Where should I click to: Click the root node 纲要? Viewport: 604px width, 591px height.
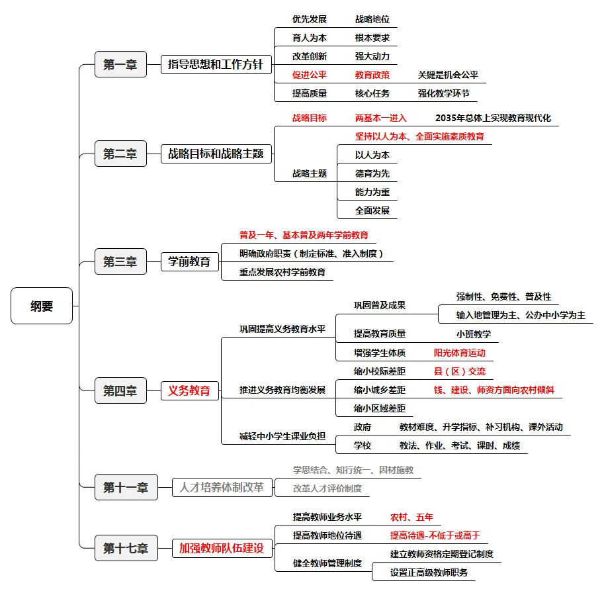[x=42, y=306]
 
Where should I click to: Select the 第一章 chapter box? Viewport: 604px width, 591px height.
[x=120, y=64]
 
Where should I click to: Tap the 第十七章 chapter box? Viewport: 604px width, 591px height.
[x=125, y=548]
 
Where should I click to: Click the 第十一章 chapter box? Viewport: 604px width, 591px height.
[x=125, y=488]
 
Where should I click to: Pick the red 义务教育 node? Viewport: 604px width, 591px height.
[x=189, y=390]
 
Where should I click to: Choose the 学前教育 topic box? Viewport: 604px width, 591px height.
[x=189, y=261]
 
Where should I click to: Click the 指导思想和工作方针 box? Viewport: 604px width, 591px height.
[x=216, y=64]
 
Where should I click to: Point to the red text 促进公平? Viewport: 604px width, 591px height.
[x=310, y=75]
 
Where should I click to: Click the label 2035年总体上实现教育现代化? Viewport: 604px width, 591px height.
[x=493, y=118]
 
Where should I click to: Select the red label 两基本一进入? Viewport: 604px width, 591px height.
[x=380, y=118]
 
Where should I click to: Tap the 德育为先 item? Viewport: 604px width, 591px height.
[x=372, y=173]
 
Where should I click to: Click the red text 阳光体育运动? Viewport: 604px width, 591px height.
[x=459, y=353]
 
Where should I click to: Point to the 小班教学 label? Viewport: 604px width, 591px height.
[x=473, y=334]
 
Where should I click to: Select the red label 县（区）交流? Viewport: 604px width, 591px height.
[x=459, y=371]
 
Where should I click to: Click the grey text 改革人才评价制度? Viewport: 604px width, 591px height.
[x=327, y=488]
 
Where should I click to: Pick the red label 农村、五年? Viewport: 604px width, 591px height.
[x=411, y=517]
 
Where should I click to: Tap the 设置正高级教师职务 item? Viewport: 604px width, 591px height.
[x=429, y=572]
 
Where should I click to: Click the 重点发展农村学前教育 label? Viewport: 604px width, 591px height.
[x=282, y=272]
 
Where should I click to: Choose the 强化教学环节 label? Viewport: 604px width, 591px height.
[x=443, y=93]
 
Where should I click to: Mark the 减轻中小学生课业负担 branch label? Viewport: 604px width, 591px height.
[x=282, y=436]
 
